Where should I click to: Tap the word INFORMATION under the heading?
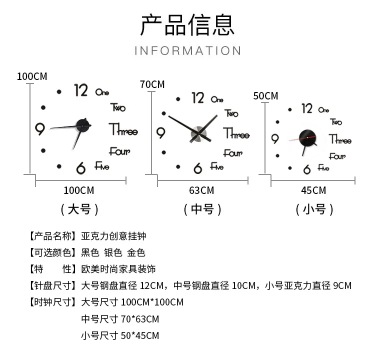point(187,50)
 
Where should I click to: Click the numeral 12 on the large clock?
point(81,90)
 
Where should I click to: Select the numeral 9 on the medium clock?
point(161,133)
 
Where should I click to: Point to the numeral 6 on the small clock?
point(307,170)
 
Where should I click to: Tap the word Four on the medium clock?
point(232,152)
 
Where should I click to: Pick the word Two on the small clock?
point(336,121)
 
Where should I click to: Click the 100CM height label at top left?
point(31,76)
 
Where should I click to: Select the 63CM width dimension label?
point(201,190)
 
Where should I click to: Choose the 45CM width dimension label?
point(313,190)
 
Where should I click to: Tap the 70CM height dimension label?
point(152,84)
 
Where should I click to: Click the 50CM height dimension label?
point(265,95)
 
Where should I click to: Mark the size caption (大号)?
point(79,209)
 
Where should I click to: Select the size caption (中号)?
point(202,209)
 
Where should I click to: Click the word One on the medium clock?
point(217,99)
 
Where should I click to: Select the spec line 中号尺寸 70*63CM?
point(120,319)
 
